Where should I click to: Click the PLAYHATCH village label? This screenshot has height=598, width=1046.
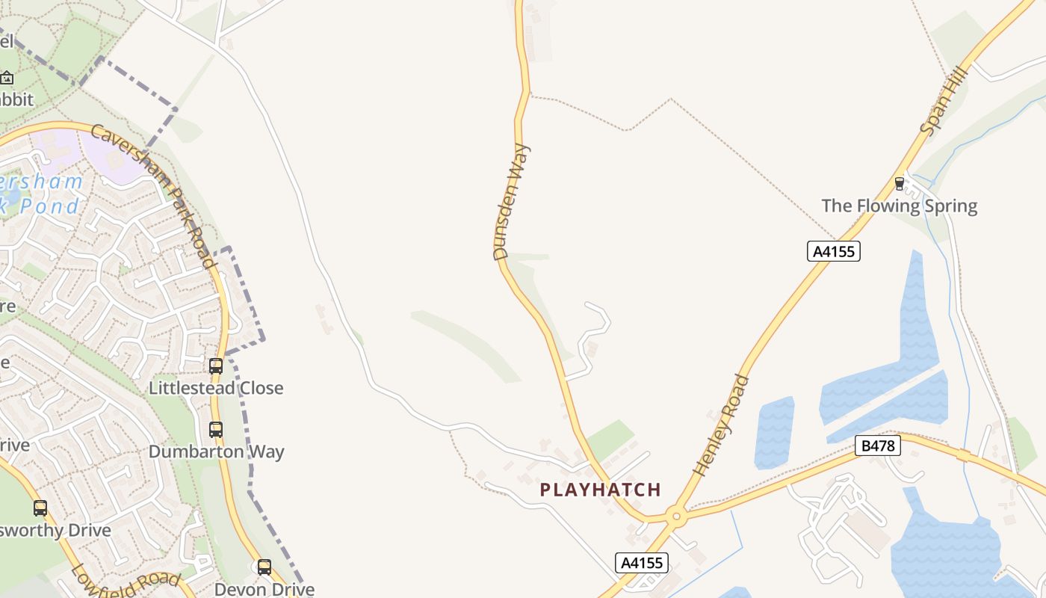pos(601,490)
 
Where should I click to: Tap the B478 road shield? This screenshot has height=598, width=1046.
pos(878,446)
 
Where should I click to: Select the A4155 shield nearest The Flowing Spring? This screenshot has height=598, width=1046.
pos(834,251)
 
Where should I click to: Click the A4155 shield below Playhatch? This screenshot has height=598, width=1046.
pos(642,562)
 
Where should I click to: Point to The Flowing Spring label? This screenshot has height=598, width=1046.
pos(900,206)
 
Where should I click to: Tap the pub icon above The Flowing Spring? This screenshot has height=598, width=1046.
pos(900,183)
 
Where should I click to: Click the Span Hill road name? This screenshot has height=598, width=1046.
pos(944,101)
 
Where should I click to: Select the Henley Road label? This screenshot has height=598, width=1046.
pos(721,425)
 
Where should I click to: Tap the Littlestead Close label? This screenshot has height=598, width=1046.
pos(216,388)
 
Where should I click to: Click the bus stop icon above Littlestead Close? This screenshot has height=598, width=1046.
pos(216,366)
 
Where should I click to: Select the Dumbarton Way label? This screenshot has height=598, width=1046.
pos(216,451)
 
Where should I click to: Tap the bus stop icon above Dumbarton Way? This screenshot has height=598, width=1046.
pos(216,429)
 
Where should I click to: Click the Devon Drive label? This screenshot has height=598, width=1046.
pos(264,589)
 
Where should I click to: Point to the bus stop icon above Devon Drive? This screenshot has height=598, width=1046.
pos(264,567)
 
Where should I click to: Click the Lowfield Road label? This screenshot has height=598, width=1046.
pos(126,580)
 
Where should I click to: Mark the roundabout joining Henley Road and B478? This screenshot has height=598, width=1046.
pos(676,515)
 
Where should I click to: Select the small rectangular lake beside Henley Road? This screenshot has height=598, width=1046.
pos(774,432)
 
